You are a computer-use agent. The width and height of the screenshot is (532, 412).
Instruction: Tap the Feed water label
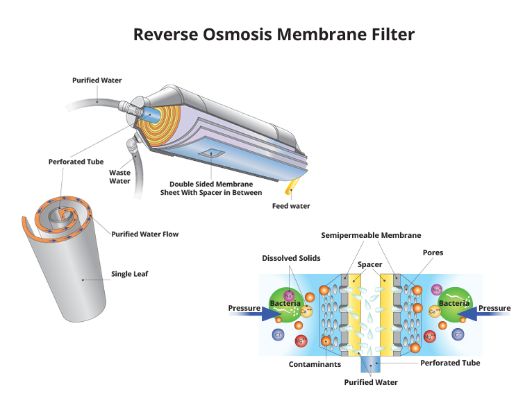tap(291, 206)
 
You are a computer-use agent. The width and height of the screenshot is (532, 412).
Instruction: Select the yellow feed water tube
tap(292, 186)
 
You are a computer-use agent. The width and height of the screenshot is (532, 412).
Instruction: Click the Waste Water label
tap(119, 177)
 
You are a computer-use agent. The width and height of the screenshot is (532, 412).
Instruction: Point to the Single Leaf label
tap(130, 274)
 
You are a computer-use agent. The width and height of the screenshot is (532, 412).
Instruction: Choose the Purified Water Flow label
tap(145, 234)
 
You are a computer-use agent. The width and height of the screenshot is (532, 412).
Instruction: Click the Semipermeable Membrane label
tap(371, 235)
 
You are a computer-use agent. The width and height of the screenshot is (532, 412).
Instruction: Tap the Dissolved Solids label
tap(291, 258)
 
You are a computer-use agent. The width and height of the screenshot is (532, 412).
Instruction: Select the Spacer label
tap(369, 265)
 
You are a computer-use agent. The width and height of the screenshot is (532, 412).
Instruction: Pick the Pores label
tap(433, 252)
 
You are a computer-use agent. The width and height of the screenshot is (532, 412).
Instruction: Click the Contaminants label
tap(315, 364)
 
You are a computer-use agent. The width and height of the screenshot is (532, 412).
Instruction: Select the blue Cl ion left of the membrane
tap(279, 335)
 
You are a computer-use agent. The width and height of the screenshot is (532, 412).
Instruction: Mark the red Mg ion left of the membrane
tap(301, 341)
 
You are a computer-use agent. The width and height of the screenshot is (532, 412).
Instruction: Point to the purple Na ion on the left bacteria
tap(288, 295)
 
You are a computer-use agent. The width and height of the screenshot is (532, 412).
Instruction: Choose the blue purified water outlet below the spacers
tap(370, 364)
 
